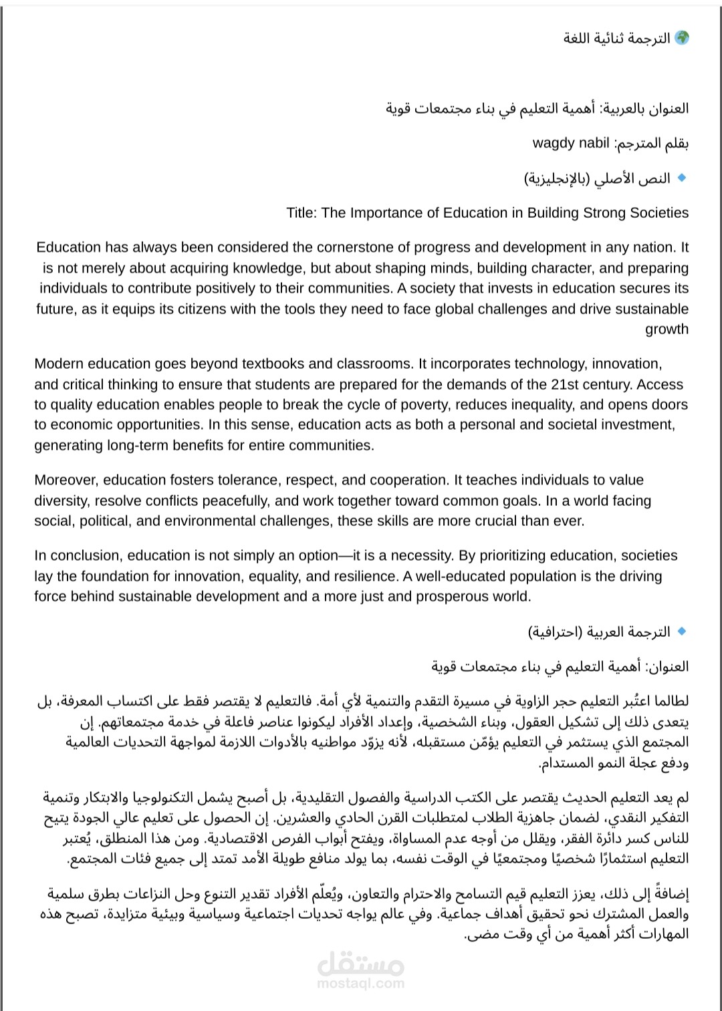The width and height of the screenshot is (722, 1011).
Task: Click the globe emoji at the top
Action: [x=681, y=38]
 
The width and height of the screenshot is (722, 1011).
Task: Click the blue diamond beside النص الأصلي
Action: [x=682, y=178]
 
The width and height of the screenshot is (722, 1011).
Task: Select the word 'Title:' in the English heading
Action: [x=302, y=213]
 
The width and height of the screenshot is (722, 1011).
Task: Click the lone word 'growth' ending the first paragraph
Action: [x=667, y=329]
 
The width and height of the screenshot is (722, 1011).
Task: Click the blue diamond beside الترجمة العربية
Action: [x=682, y=631]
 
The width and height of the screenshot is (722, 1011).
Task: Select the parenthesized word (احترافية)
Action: [x=555, y=632]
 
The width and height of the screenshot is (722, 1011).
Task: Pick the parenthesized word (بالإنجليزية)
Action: [x=557, y=178]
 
